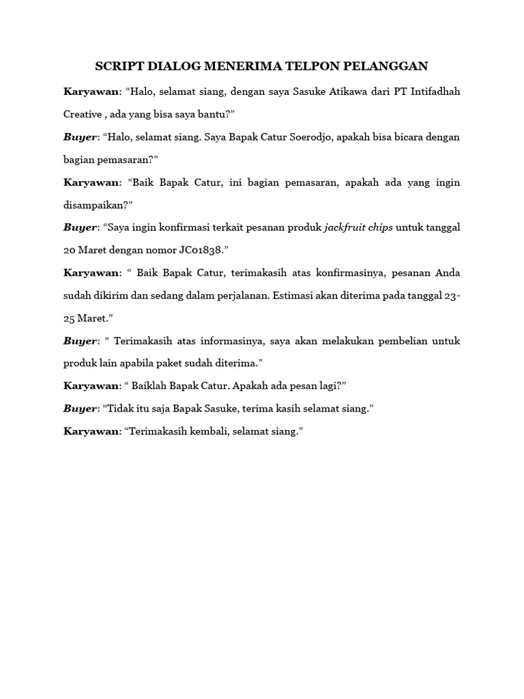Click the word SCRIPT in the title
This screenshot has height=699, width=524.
click(x=117, y=66)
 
